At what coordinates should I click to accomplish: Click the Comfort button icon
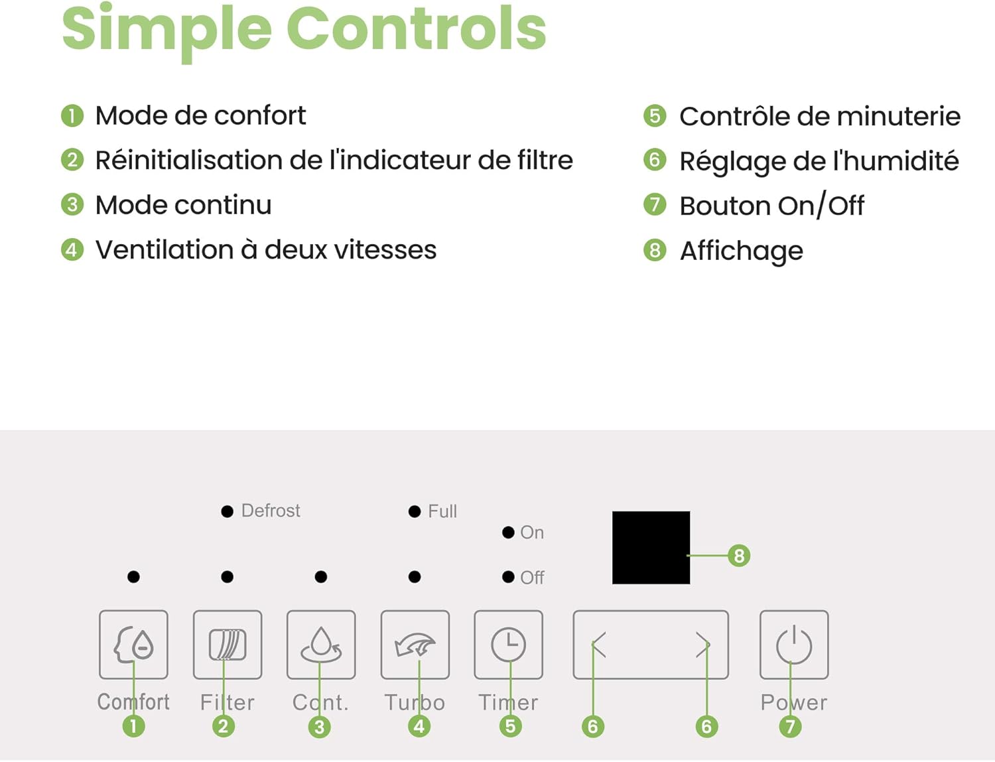click(133, 645)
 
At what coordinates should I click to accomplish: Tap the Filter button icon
click(228, 645)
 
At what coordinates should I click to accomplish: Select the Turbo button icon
click(415, 645)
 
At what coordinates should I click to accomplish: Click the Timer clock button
click(508, 645)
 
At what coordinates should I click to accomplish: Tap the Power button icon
click(794, 645)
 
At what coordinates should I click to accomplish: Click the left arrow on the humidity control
click(599, 645)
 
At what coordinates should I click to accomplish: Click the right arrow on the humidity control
click(703, 645)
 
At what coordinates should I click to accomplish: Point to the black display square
click(651, 547)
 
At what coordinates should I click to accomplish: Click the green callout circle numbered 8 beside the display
click(739, 556)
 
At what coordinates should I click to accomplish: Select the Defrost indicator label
click(271, 511)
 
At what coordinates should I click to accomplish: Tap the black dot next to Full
click(415, 511)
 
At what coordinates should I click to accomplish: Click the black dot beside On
click(508, 533)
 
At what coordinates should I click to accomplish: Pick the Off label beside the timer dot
click(532, 578)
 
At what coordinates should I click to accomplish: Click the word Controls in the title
click(416, 29)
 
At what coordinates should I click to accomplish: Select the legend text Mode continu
click(184, 204)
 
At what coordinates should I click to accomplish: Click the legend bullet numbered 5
click(655, 116)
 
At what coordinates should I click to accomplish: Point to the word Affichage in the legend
click(742, 251)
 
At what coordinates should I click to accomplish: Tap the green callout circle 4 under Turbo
click(419, 726)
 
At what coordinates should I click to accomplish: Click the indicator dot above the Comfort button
click(133, 577)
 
